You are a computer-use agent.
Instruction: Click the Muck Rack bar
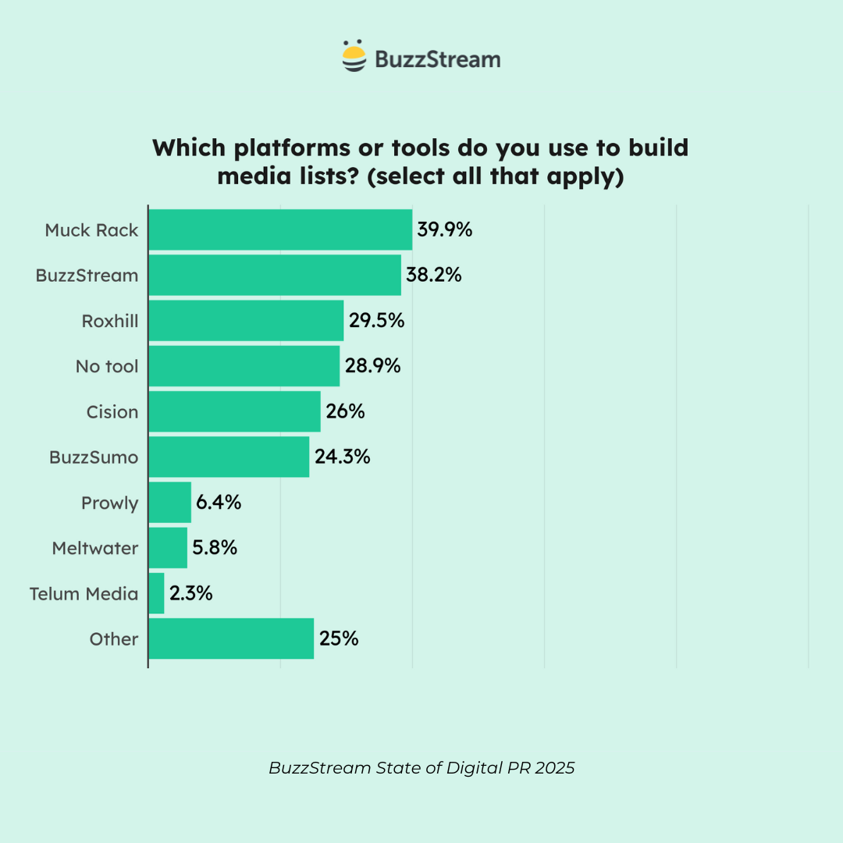click(280, 229)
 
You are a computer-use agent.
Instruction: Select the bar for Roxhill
click(246, 321)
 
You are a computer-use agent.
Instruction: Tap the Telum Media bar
click(157, 593)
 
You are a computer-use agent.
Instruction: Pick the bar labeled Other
click(231, 638)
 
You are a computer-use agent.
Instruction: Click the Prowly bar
click(170, 503)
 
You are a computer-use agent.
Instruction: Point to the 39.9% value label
click(445, 229)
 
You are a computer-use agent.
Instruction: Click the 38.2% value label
click(433, 275)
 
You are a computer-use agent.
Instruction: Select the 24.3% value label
click(342, 457)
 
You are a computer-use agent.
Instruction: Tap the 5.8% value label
click(215, 548)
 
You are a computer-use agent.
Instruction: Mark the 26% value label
click(345, 411)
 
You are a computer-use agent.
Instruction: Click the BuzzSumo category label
click(94, 457)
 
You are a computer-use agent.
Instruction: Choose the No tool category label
click(107, 366)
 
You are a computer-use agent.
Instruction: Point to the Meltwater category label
click(95, 548)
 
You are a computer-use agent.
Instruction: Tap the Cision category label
click(112, 411)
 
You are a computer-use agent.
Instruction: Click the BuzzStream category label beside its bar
click(87, 276)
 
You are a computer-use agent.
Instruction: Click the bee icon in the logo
click(354, 57)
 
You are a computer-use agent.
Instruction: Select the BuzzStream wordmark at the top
click(437, 59)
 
